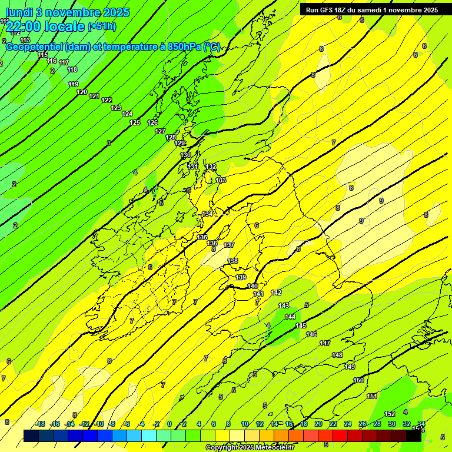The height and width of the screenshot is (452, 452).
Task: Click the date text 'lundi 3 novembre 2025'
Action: pos(67,12)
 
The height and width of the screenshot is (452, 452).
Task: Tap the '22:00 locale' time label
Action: pos(45,26)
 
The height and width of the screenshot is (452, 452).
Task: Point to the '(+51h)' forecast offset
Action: pos(102,26)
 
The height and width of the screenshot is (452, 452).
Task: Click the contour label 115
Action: pos(42,55)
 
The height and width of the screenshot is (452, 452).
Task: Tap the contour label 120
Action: pos(82,92)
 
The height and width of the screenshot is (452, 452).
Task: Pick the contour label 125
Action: pos(135,122)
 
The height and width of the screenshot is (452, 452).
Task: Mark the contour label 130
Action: pos(185,155)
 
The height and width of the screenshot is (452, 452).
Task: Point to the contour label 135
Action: pos(202,237)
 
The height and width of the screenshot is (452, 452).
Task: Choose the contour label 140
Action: pos(252,286)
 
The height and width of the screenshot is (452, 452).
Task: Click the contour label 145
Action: pos(301,325)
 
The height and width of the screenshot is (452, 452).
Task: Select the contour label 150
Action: pos(358,380)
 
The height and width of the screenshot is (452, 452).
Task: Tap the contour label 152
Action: pos(390,414)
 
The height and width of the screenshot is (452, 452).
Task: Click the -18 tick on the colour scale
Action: pos(40,424)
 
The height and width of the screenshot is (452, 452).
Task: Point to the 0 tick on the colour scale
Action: pos(169,424)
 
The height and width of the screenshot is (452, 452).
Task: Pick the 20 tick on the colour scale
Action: pos(318,424)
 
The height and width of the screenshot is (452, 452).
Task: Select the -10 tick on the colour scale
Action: pos(99,424)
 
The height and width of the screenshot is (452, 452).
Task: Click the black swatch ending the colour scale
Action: pos(414,436)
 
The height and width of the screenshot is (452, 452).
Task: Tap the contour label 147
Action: pos(325,343)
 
